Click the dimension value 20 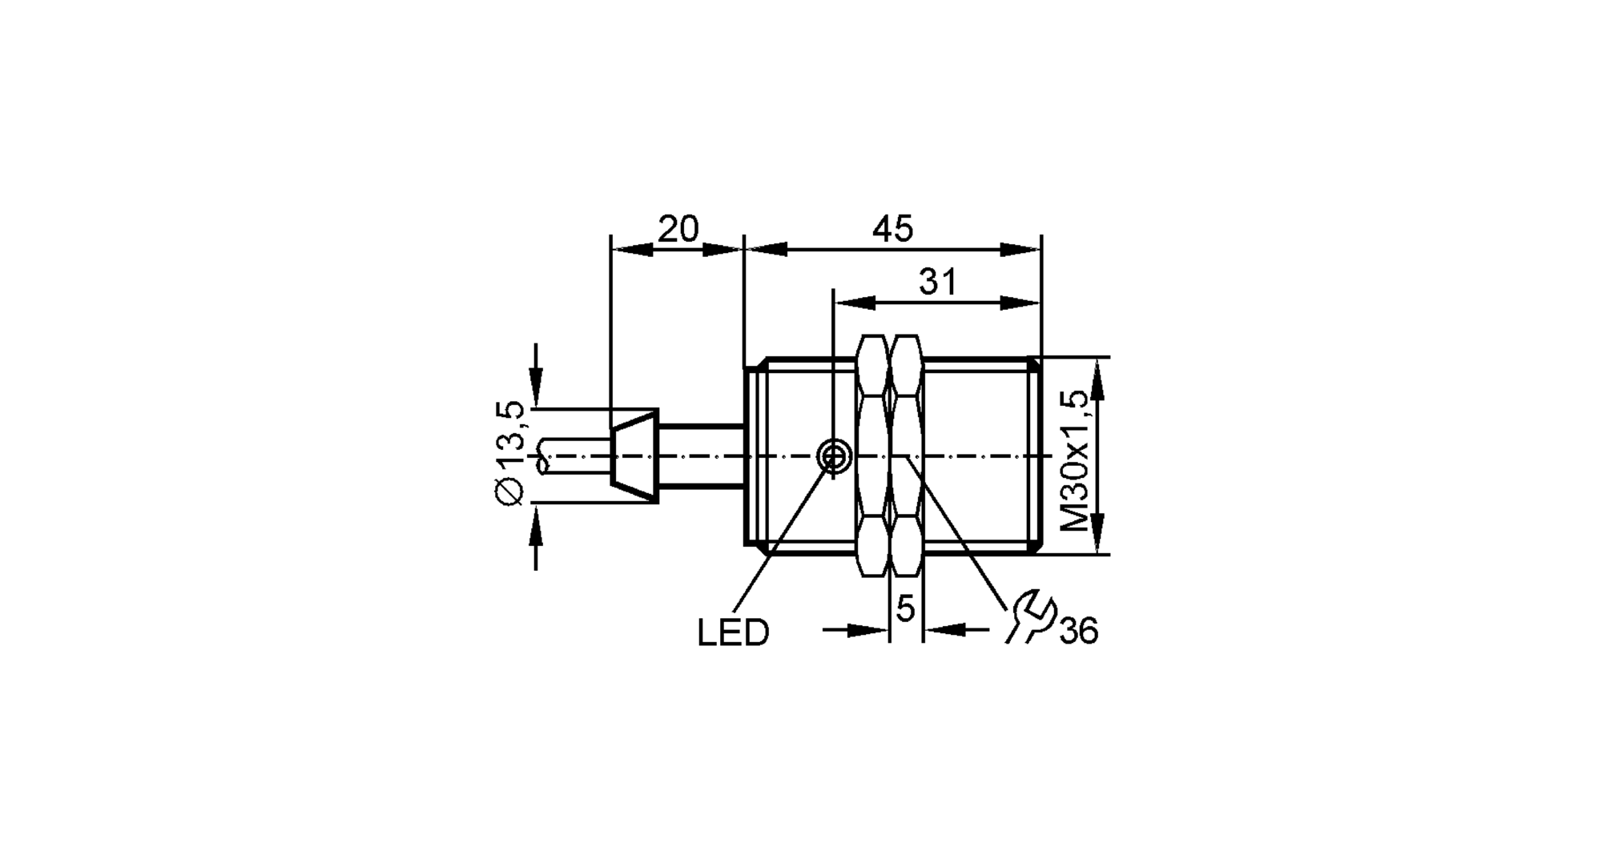click(678, 230)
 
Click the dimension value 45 click(892, 230)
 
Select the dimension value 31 click(937, 283)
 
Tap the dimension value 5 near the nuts click(905, 609)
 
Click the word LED click(733, 633)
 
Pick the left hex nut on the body click(872, 456)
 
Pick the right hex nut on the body click(906, 456)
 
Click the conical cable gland click(634, 457)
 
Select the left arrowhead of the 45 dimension click(766, 250)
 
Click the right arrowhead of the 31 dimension click(1020, 303)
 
